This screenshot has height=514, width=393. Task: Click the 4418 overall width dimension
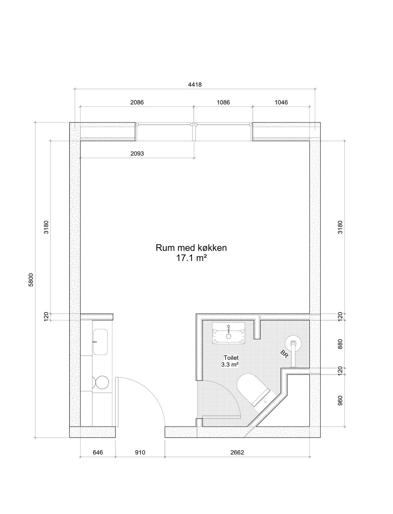[x=195, y=85]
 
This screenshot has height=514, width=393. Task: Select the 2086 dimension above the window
[x=137, y=102]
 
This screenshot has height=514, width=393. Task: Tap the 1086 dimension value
[x=223, y=102]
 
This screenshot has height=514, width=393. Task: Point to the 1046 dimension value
[x=281, y=102]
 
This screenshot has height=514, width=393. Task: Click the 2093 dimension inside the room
[x=137, y=154]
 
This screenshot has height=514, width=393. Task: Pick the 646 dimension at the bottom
[x=98, y=452]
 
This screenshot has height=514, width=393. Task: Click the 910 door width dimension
[x=140, y=452]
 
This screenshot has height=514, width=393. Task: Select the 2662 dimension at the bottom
[x=237, y=452]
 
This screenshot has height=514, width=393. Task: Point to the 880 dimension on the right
[x=340, y=344]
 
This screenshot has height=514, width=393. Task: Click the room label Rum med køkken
[x=191, y=248]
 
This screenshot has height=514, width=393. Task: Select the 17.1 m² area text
[x=191, y=258]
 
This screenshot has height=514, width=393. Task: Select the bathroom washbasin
[x=229, y=333]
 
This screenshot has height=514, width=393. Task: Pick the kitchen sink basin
[x=100, y=342]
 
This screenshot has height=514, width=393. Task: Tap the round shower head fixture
[x=293, y=344]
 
